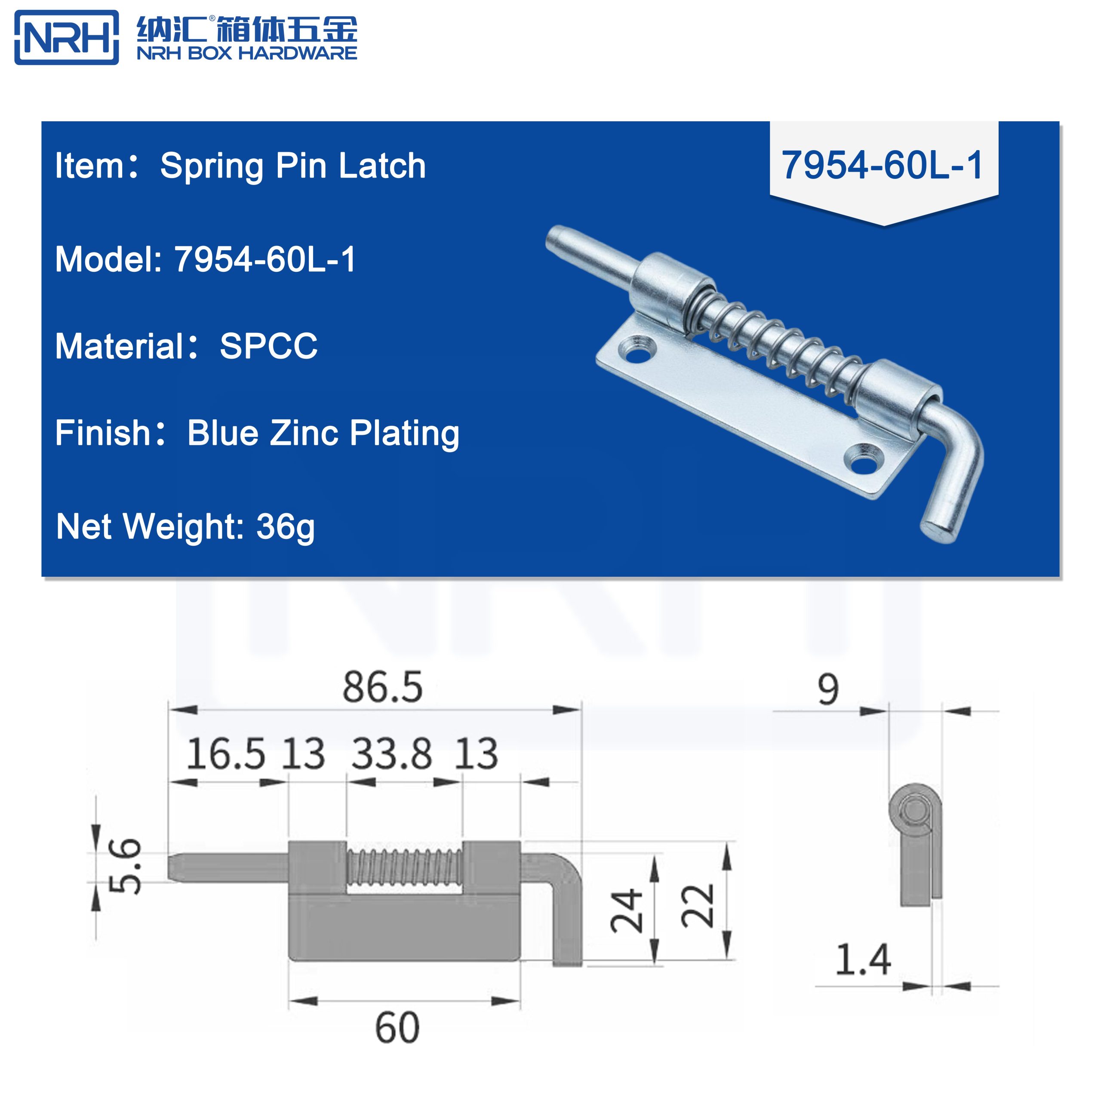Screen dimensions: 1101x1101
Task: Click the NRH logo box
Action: point(66,37)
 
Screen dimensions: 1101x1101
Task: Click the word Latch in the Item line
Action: point(382,166)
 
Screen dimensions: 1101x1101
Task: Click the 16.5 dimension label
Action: point(226,754)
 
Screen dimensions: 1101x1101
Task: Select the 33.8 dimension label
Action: point(391,754)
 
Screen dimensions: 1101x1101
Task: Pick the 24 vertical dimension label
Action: point(627,910)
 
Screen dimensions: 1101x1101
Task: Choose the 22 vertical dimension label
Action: point(698,906)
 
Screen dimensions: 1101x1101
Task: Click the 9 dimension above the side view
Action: point(828,689)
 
